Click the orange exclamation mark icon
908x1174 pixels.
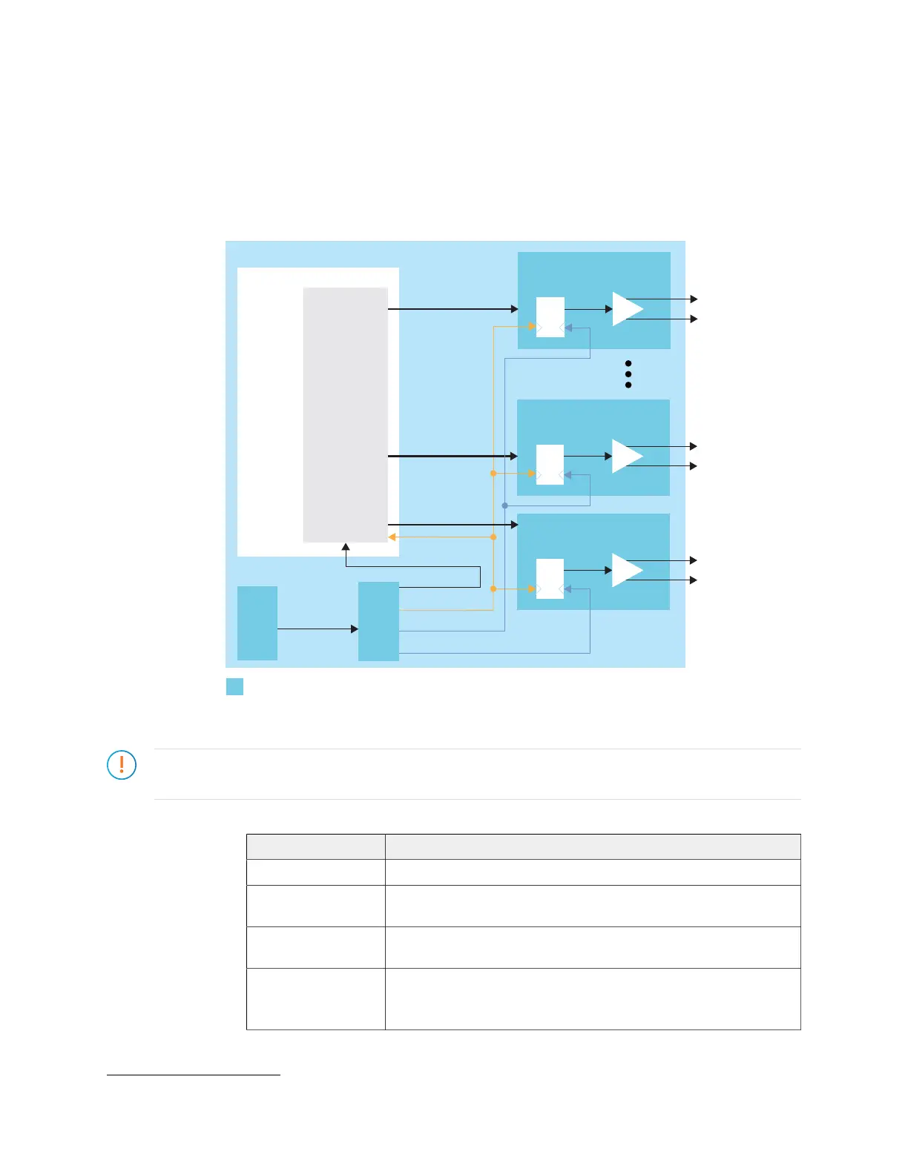coord(122,765)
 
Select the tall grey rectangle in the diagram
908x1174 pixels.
coord(346,414)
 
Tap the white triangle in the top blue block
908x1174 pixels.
coord(626,309)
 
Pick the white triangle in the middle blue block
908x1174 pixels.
coord(625,456)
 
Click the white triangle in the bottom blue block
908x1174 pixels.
coord(625,570)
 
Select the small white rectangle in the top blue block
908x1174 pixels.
coord(550,316)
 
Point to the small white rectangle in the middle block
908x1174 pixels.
coord(550,464)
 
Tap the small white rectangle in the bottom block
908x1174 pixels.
coord(550,579)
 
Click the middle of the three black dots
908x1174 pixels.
coord(628,374)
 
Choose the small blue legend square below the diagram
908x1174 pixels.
coord(234,686)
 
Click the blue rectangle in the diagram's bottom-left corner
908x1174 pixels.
coord(257,623)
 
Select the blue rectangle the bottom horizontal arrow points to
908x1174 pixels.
coord(378,621)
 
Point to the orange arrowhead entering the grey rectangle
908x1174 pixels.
coord(392,537)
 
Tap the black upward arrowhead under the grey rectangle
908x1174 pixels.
coord(346,547)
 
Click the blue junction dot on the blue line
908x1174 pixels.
coord(504,505)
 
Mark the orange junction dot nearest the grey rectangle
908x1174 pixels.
coord(493,537)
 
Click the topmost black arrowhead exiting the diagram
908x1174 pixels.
coord(694,299)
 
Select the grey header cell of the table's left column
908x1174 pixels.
coord(315,846)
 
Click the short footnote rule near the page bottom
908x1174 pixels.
coord(193,1074)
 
